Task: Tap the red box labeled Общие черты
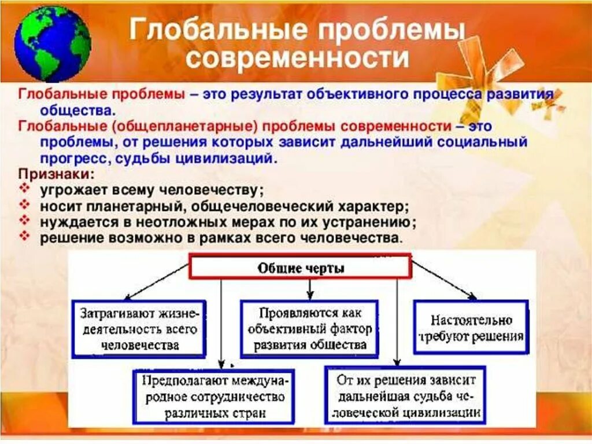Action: click(300, 269)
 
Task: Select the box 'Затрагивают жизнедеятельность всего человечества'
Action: click(139, 329)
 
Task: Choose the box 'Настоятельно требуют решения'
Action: click(470, 327)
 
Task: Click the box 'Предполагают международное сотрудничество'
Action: click(213, 397)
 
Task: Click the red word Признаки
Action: click(54, 174)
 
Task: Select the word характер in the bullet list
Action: click(373, 206)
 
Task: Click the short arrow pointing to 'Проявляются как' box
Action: click(310, 288)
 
